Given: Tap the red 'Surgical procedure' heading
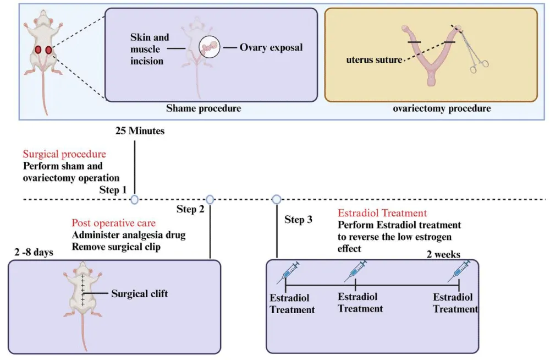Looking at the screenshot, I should tap(64, 154).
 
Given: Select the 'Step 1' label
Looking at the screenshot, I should tap(113, 190).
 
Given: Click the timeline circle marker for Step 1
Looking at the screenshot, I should tap(135, 199).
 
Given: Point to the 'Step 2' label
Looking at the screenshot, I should tap(190, 209).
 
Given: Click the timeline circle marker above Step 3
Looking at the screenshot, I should tap(277, 199).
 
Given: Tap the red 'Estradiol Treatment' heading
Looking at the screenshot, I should tap(382, 213).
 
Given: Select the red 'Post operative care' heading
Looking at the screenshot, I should tap(113, 223).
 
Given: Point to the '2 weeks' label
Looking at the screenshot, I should tap(443, 254).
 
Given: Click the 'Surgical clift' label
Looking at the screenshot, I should tap(140, 293).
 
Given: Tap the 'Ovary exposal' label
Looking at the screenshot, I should tap(271, 47).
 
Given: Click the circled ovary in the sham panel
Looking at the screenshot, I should tap(210, 48).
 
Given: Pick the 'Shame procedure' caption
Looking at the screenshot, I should tap(204, 108).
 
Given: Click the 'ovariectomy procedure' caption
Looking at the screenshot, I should tap(442, 108).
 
